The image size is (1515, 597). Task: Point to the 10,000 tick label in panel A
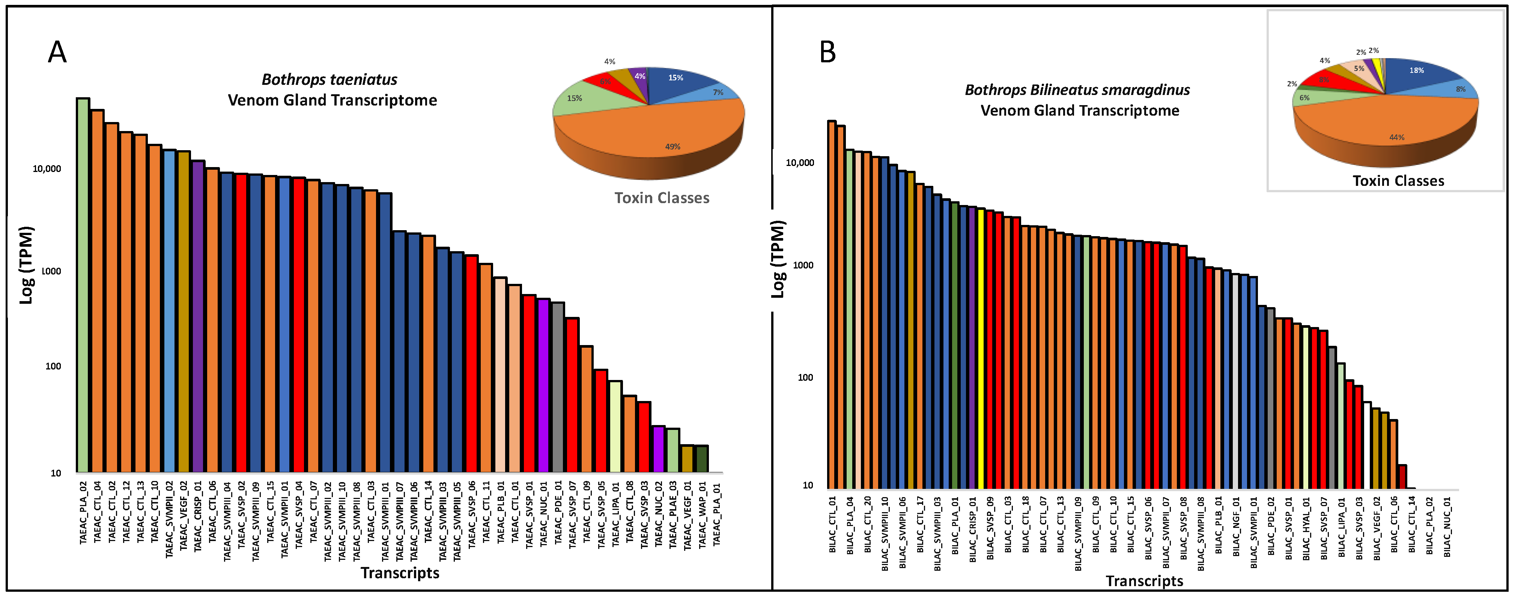tap(47, 169)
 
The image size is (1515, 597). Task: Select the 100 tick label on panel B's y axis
tap(805, 378)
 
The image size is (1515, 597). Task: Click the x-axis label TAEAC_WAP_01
tap(702, 515)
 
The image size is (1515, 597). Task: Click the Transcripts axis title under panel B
tap(1144, 581)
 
